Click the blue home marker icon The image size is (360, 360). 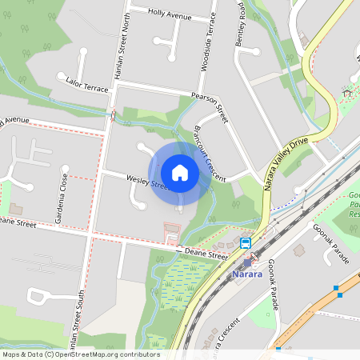(x=180, y=172)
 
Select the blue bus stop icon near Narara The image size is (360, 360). (x=245, y=243)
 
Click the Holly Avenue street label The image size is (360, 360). (x=170, y=14)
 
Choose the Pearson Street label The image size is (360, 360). (x=210, y=107)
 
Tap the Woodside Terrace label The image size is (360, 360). (x=206, y=44)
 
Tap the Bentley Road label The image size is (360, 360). (x=240, y=24)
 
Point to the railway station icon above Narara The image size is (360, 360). (x=247, y=262)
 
